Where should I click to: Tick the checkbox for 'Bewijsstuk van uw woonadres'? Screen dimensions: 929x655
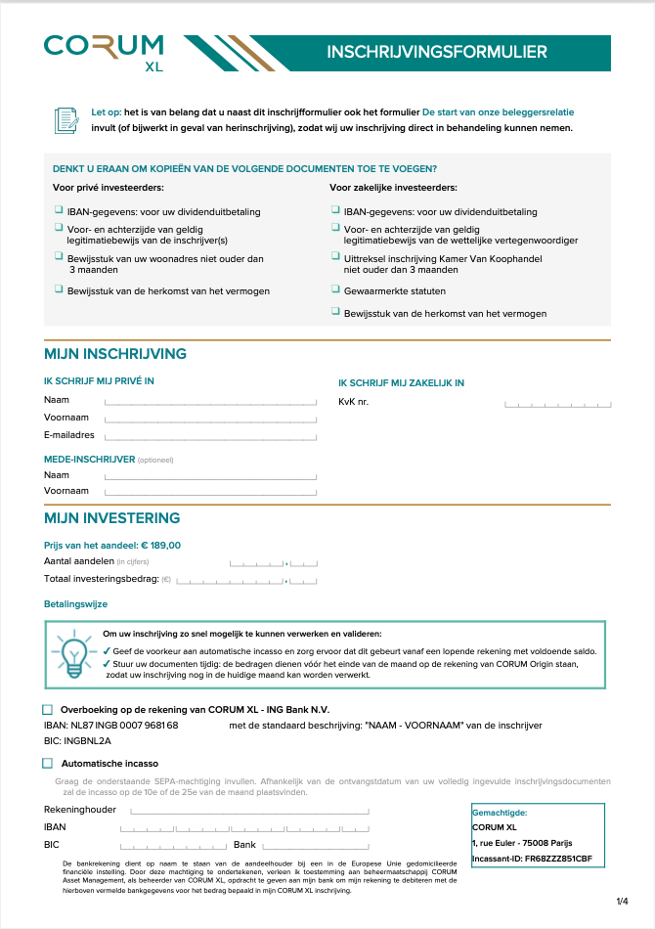coord(59,258)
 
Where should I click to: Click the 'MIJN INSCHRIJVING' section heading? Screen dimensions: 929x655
coord(115,354)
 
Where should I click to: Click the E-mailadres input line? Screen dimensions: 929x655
coord(210,436)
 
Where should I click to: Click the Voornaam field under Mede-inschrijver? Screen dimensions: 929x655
coord(210,491)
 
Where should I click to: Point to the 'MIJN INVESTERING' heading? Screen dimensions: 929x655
coord(112,518)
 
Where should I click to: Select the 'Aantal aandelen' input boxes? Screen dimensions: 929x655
coord(274,562)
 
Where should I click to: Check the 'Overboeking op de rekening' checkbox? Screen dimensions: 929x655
coord(48,709)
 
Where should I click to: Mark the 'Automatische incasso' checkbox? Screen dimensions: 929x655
coord(48,763)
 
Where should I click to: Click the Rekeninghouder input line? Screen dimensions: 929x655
coord(249,811)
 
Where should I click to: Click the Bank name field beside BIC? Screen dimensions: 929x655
coord(315,845)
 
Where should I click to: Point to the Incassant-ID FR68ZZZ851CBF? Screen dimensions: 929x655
coord(532,859)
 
